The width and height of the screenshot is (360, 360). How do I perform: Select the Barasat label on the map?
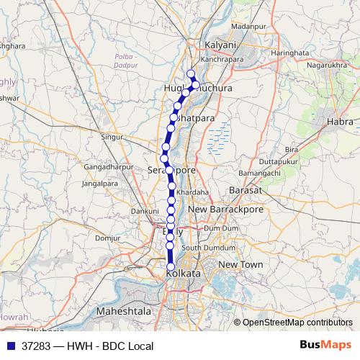[243, 189]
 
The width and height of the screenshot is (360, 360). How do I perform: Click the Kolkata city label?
[183, 275]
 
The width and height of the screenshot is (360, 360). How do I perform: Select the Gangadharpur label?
[105, 167]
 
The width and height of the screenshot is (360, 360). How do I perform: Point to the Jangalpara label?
[100, 184]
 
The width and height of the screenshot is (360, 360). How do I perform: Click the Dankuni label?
[144, 211]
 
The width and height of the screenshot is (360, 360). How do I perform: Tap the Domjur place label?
[107, 238]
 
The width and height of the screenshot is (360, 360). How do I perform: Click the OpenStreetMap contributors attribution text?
[297, 323]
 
